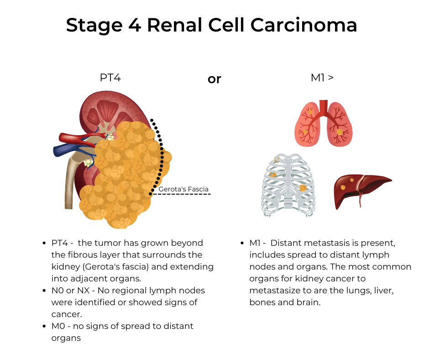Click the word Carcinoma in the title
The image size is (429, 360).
click(303, 25)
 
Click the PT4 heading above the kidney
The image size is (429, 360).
click(110, 78)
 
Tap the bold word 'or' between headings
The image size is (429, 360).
click(214, 79)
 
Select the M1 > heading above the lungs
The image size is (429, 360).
click(322, 78)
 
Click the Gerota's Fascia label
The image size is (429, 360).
click(183, 189)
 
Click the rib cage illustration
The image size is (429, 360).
click(288, 185)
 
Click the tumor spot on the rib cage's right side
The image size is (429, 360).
click(303, 188)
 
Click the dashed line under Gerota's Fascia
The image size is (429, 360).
click(182, 194)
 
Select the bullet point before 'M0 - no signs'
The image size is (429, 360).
click(44, 326)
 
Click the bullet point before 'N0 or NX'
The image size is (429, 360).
click(44, 291)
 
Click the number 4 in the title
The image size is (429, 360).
click(135, 25)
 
